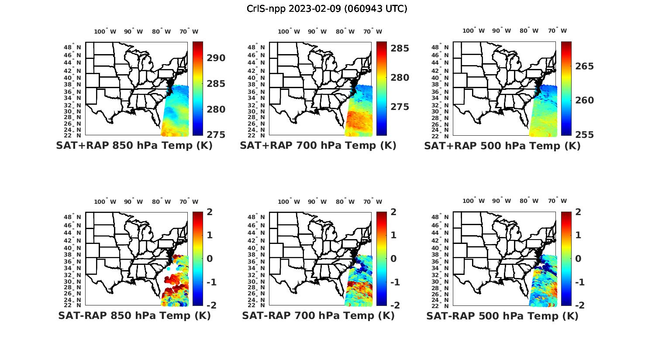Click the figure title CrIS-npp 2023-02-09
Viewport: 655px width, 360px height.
click(327, 9)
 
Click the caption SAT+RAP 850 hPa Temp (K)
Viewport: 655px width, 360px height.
click(134, 145)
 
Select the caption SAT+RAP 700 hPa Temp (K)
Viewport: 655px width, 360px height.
click(318, 145)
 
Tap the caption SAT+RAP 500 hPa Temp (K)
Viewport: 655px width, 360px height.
click(502, 146)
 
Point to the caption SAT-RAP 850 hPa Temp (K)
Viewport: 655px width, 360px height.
click(134, 315)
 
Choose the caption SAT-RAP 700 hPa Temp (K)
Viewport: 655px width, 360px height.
click(318, 315)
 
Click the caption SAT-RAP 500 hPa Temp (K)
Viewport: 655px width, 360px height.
click(502, 316)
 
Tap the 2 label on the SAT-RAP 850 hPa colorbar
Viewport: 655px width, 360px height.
click(210, 212)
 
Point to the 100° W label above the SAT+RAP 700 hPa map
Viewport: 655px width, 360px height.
click(289, 31)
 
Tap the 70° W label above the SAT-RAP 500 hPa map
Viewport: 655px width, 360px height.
click(557, 201)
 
